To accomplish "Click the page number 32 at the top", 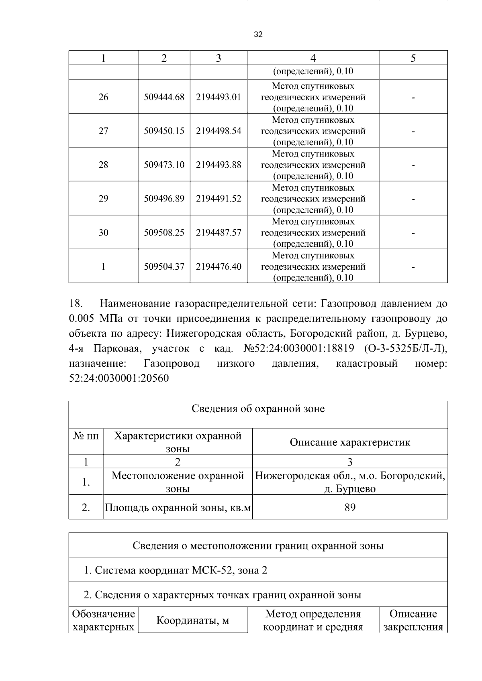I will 258,35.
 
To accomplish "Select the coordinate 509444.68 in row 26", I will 164,97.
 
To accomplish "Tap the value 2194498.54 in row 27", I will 219,131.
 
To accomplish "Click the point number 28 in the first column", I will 103,165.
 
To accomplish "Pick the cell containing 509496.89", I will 164,199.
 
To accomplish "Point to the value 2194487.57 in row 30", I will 219,233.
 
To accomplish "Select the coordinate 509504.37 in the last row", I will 164,266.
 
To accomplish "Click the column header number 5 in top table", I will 413,58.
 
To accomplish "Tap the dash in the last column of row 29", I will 413,199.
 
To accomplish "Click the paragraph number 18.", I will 76,303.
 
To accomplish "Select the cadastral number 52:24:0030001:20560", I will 119,378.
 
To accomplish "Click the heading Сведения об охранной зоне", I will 258,409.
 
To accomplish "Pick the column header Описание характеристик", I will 350,442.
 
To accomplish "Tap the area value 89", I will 350,508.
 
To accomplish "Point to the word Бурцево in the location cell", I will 355,489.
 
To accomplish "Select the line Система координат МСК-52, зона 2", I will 176,570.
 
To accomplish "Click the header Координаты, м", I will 192,621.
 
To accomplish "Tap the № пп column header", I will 86,436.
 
